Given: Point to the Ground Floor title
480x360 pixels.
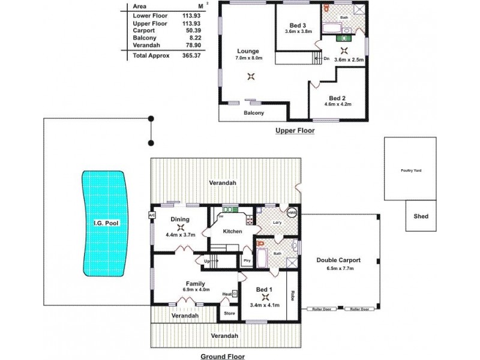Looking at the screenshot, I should [222, 356].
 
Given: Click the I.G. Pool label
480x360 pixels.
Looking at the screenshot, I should [104, 224].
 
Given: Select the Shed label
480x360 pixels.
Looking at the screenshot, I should [421, 216].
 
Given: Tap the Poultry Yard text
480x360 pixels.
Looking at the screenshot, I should [411, 170].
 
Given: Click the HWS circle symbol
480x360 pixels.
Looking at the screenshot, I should [292, 213].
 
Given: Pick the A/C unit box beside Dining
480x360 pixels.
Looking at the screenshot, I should [152, 215].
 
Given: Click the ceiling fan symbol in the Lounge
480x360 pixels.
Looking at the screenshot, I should [251, 76].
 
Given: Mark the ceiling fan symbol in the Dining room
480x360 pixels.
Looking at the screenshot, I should [181, 227].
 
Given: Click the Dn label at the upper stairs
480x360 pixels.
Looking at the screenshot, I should [326, 59].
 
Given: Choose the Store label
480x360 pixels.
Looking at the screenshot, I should [229, 313].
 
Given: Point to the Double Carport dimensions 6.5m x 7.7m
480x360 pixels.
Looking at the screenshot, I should [340, 268].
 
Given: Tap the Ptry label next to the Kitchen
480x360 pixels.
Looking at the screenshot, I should [247, 260].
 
